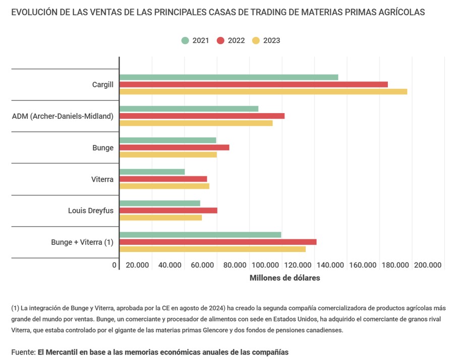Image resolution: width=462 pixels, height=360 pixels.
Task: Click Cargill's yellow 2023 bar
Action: coord(263,91)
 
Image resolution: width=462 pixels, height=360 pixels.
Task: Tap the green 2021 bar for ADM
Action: coord(189,109)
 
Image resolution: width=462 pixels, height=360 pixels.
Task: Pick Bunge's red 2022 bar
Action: coord(174,147)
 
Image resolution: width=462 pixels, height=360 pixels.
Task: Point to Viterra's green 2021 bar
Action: coord(152,172)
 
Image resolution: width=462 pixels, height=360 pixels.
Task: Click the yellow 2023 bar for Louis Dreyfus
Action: coord(160,218)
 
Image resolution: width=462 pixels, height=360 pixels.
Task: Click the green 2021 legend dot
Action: coord(185,40)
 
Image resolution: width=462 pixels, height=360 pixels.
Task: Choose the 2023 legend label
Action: coord(271,40)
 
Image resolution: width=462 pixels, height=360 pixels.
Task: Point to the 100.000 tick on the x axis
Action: coord(265,265)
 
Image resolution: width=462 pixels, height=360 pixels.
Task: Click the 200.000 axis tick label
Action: coord(428,265)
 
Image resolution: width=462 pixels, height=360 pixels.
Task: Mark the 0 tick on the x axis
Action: coord(115,265)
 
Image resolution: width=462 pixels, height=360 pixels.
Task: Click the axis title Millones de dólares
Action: coord(284,278)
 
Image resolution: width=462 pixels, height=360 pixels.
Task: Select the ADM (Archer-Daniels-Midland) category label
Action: coord(63,116)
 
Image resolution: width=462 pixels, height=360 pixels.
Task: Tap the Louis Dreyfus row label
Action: coord(91,211)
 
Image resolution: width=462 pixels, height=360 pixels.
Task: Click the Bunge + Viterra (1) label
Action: coord(82,242)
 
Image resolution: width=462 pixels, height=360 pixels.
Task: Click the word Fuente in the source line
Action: coord(23,352)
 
